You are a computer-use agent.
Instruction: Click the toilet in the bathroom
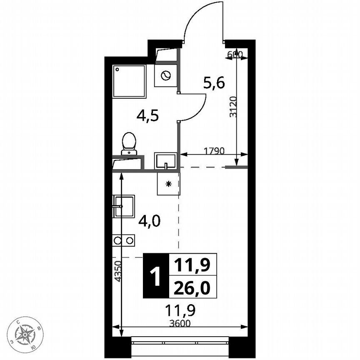click(x=129, y=142)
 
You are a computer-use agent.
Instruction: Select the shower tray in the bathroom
click(x=129, y=81)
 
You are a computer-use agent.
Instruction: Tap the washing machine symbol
click(x=165, y=75)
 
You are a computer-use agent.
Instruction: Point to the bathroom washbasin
click(x=165, y=160)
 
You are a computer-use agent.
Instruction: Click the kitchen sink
click(x=124, y=206)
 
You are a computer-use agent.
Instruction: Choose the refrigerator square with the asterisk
click(x=168, y=184)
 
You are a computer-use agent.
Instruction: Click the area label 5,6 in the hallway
click(x=214, y=83)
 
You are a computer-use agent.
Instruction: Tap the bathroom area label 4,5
click(x=148, y=115)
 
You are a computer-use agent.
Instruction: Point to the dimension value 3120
click(x=233, y=107)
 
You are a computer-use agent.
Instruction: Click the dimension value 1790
click(x=214, y=150)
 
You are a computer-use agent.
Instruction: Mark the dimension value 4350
click(x=117, y=271)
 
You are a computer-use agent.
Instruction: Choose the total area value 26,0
click(x=192, y=287)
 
